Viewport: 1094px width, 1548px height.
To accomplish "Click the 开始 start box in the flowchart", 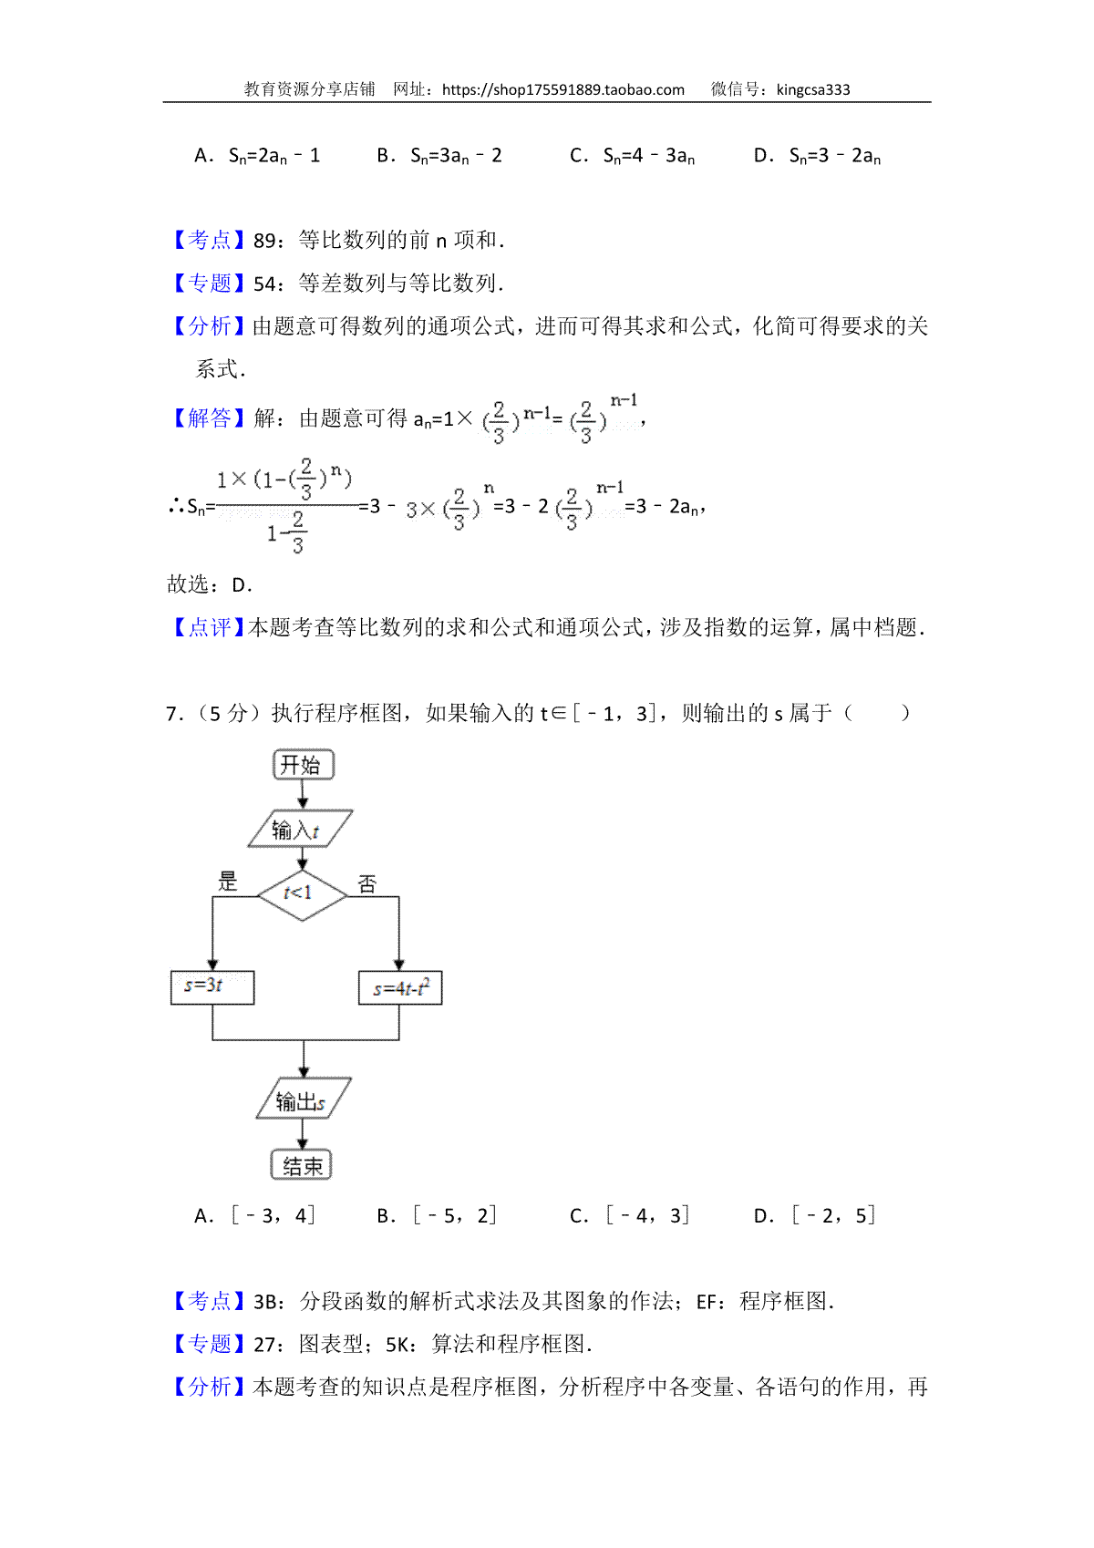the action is click(303, 764).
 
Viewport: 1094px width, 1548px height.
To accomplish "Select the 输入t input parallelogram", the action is click(300, 829).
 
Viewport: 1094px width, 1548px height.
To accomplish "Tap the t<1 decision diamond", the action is click(302, 895).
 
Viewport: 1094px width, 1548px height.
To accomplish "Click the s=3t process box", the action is click(212, 987).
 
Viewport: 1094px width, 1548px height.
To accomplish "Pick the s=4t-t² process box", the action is click(400, 987).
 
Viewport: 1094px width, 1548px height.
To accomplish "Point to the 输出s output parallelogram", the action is click(304, 1099).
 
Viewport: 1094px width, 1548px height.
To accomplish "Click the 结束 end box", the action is click(302, 1165).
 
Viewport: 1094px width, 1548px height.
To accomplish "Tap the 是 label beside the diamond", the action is click(227, 881).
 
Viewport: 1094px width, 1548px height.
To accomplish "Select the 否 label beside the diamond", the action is click(366, 884).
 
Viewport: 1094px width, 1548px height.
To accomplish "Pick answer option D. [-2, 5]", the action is click(815, 1215).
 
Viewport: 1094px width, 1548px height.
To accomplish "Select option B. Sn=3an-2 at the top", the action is click(439, 156).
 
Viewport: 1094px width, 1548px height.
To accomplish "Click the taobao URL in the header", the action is click(563, 90).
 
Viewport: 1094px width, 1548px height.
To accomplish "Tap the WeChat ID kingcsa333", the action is click(813, 90).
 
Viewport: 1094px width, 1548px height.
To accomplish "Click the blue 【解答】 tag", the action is click(208, 418).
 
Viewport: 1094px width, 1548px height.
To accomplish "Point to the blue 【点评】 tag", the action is click(208, 627).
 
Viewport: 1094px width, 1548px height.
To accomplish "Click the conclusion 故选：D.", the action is click(210, 585).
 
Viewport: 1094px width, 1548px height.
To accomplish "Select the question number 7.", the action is click(173, 714).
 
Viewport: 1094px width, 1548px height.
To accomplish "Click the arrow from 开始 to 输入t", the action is click(303, 795).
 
